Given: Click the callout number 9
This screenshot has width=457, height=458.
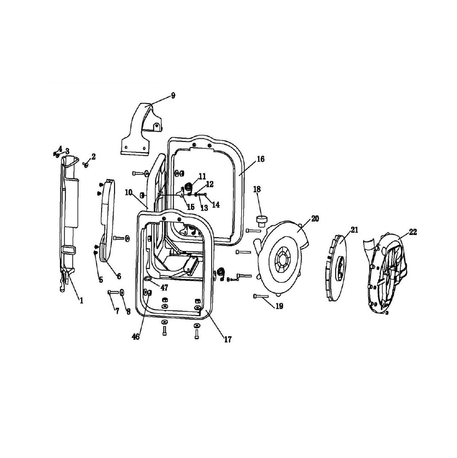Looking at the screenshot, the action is point(173,96).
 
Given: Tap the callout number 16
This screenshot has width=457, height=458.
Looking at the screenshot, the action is point(261,159).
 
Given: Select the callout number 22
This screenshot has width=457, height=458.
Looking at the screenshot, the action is point(413,232).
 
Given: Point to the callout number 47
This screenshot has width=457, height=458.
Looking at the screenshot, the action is point(164,288).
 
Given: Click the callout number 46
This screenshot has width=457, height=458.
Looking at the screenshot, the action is point(136,337).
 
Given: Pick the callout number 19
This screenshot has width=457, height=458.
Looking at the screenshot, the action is point(279,306).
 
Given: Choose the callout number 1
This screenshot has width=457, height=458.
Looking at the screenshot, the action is point(82,300).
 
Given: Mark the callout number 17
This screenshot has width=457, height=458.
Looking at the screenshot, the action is point(228,339).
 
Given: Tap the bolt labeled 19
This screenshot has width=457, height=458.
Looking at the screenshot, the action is point(261,296).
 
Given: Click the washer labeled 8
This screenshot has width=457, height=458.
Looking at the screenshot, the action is point(121,292).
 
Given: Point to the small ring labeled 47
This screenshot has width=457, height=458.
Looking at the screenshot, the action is point(148,279).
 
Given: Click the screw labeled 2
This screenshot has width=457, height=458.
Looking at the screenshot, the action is point(86,165).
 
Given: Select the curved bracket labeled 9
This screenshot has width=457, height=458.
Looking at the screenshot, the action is point(141,129).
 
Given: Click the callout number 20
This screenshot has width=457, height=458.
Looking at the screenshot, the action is point(315,218).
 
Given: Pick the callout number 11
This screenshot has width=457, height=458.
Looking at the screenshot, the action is point(202,176).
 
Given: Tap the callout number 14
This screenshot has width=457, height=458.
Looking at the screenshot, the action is point(216,204).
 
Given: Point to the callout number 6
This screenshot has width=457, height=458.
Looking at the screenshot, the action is point(119,276).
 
